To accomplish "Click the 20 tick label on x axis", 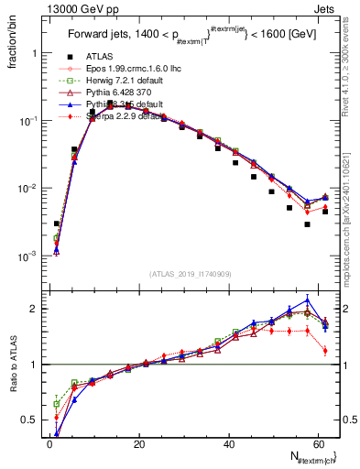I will [138, 444].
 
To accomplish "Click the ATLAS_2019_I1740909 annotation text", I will [191, 273].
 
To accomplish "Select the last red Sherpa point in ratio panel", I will [325, 350].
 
